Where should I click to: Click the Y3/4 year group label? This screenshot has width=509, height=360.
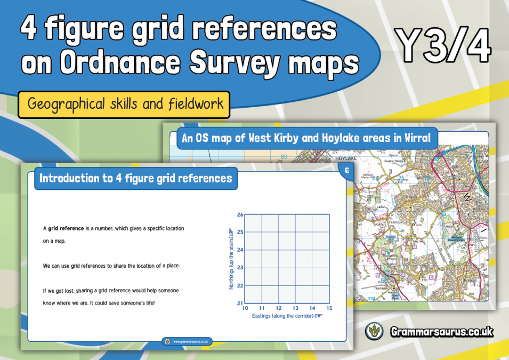pyautogui.click(x=443, y=45)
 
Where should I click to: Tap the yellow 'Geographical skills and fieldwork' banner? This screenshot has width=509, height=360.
pyautogui.click(x=124, y=103)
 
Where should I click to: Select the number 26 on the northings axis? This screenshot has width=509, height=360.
pyautogui.click(x=240, y=214)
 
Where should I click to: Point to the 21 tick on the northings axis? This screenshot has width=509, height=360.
pyautogui.click(x=240, y=303)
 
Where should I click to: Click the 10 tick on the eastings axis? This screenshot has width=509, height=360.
pyautogui.click(x=245, y=308)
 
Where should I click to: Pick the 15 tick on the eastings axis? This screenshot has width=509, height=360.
pyautogui.click(x=329, y=308)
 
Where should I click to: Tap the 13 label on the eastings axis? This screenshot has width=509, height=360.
pyautogui.click(x=295, y=308)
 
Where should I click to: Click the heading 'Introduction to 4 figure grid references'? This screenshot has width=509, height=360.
pyautogui.click(x=136, y=178)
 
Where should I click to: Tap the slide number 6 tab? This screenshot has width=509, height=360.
pyautogui.click(x=347, y=171)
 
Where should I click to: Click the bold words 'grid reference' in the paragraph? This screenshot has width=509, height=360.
pyautogui.click(x=66, y=228)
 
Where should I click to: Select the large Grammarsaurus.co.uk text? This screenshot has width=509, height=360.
pyautogui.click(x=440, y=332)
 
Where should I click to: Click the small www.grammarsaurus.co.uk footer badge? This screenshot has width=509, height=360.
pyautogui.click(x=186, y=341)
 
